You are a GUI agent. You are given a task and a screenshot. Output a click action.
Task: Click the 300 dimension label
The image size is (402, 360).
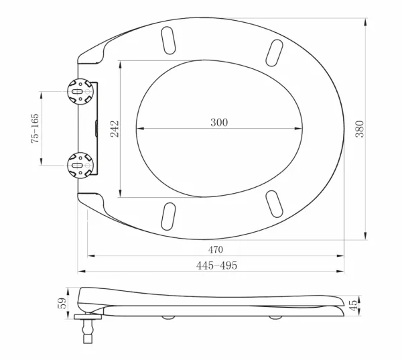tap(219, 123)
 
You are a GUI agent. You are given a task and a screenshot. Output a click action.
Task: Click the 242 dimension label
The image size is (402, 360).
tap(115, 129)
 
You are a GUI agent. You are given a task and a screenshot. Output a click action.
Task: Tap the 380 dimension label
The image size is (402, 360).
tap(360, 129)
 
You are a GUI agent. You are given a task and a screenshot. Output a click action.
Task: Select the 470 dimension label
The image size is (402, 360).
tap(216, 249)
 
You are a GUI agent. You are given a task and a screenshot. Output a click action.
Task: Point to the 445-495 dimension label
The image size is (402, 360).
tap(216, 265)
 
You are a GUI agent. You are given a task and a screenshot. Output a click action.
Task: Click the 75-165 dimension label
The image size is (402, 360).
tap(35, 128)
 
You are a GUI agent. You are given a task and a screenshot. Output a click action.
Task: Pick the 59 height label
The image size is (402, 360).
tap(62, 303)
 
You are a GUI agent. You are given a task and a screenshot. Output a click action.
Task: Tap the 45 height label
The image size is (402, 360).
tap(353, 305)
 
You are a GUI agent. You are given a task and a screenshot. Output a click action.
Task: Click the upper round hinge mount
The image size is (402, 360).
tap(80, 92)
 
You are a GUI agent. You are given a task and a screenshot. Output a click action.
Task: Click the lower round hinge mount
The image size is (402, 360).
tap(80, 165)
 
